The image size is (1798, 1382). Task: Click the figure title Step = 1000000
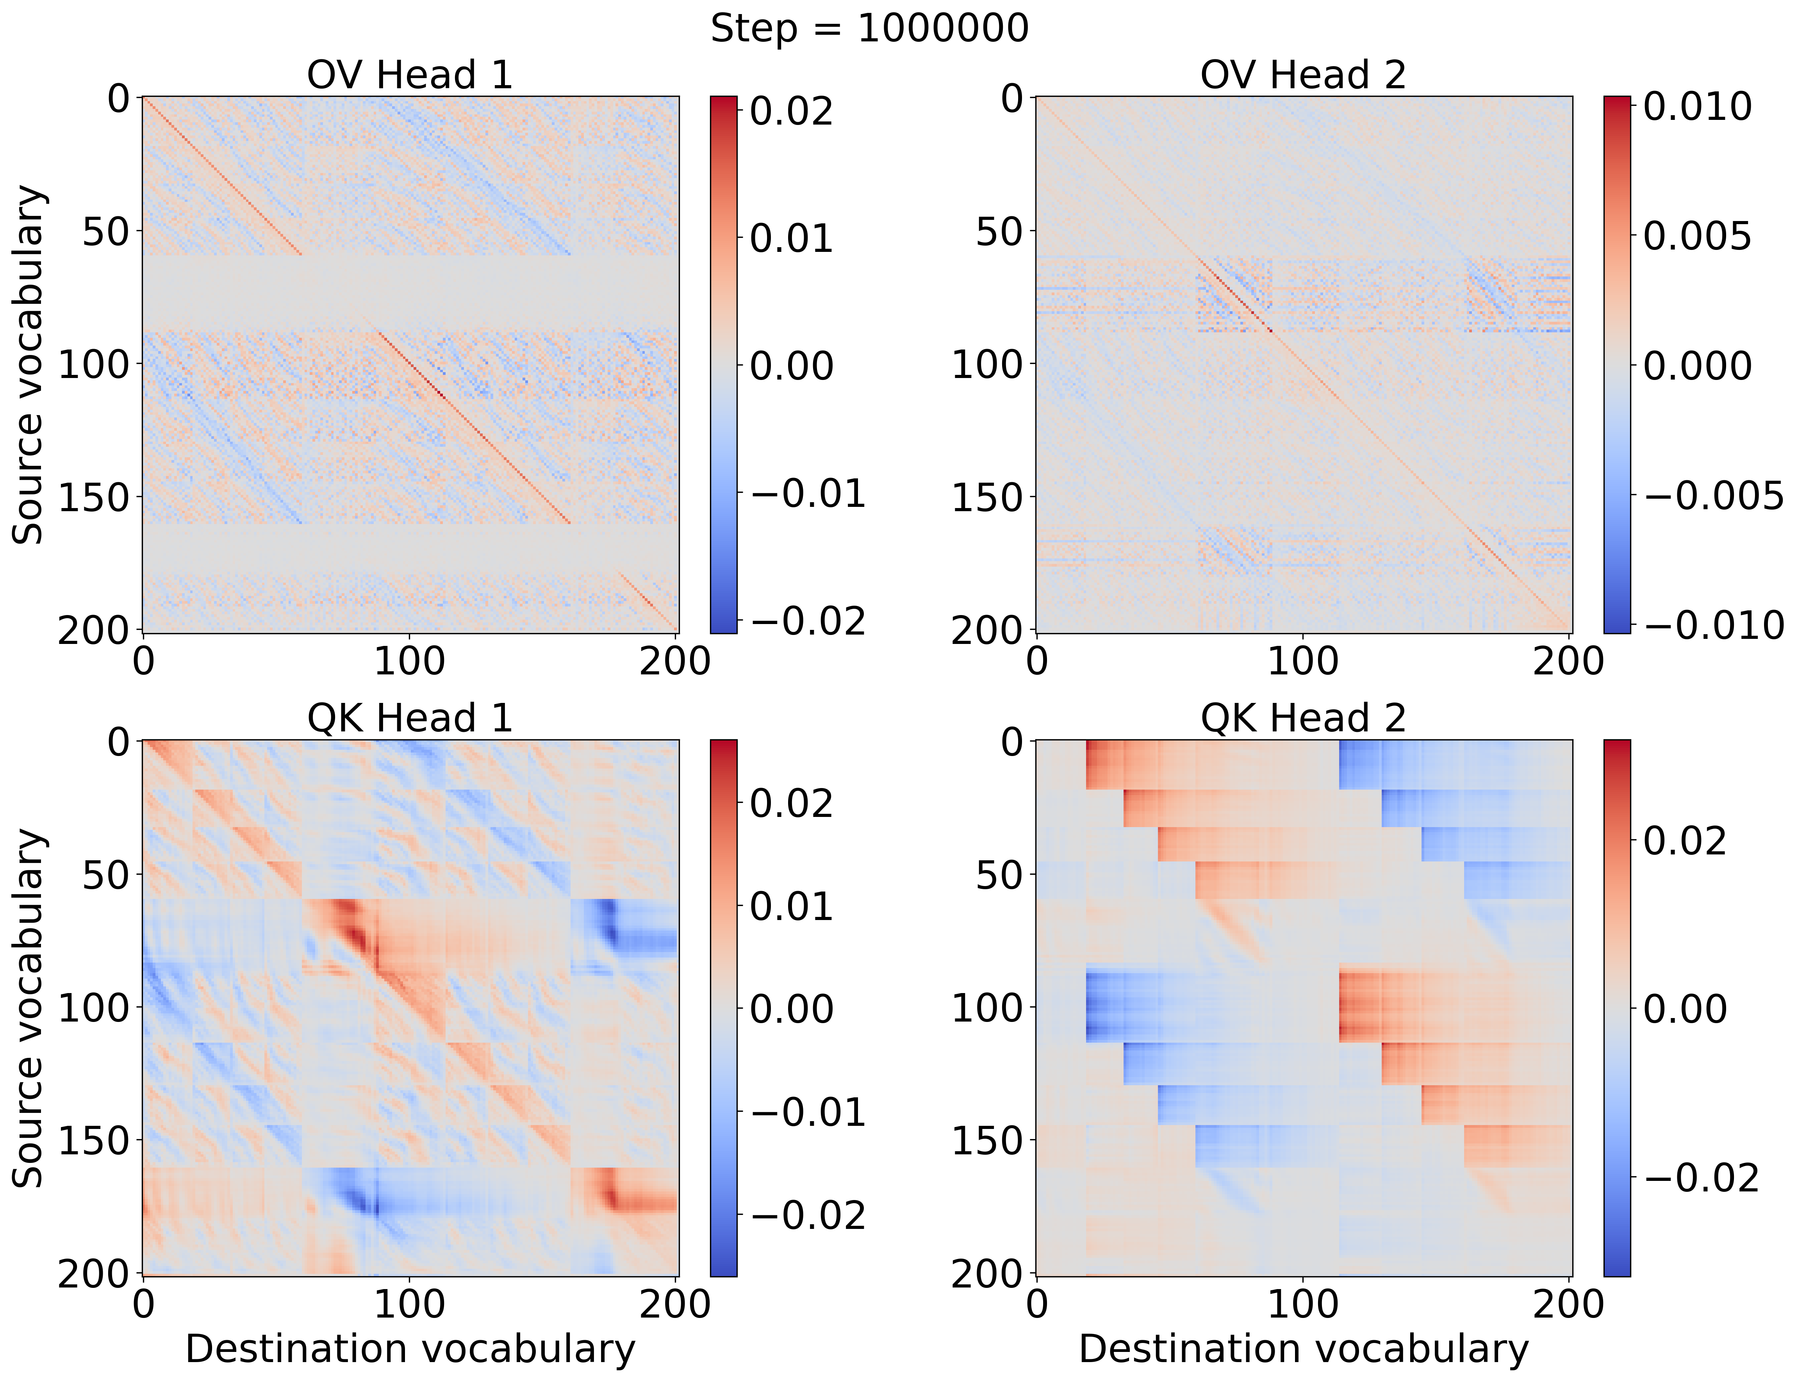(869, 29)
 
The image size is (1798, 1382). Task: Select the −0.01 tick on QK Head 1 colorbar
(808, 1112)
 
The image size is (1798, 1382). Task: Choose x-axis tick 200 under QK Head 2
(1568, 1305)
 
